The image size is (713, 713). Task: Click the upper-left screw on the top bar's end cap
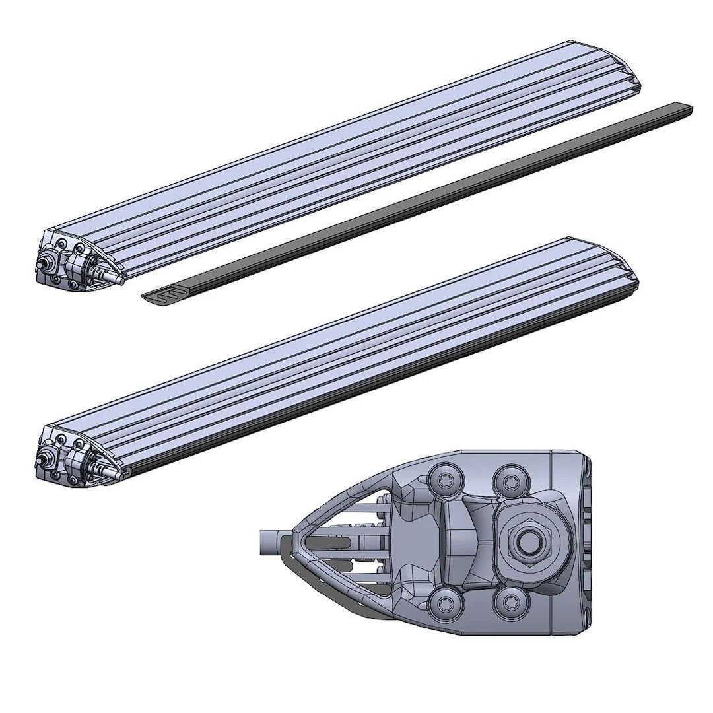(x=61, y=244)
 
